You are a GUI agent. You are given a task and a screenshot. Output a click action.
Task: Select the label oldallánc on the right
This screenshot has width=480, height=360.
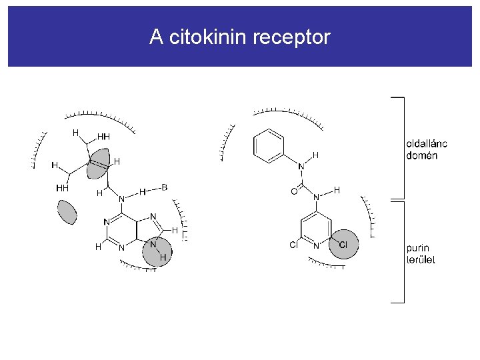426,144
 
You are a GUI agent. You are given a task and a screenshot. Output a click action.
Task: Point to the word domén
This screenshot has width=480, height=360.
421,155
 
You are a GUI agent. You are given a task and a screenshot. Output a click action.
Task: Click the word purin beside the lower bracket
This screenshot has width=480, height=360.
418,249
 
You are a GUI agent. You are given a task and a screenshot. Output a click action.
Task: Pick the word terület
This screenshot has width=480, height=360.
421,259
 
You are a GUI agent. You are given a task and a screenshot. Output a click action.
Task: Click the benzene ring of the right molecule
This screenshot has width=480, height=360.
269,145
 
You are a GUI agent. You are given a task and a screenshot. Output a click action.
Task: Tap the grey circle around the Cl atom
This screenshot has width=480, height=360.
343,245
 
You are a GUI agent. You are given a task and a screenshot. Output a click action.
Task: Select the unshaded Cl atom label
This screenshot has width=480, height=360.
294,245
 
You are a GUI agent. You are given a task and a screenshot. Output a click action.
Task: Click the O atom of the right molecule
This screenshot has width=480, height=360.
295,191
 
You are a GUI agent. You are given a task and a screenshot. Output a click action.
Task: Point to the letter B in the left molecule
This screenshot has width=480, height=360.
164,188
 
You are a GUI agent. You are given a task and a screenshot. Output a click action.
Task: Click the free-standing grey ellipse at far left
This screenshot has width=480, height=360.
67,212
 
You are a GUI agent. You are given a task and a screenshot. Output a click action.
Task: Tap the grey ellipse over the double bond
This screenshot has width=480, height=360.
99,164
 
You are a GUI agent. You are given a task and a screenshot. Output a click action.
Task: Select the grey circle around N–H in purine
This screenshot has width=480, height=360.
158,250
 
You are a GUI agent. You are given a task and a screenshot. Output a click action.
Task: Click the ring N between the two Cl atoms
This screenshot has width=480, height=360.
317,245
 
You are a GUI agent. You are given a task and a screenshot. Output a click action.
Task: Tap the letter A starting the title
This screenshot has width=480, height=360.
156,37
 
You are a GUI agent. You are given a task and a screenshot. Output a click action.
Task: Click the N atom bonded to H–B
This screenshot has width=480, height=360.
121,199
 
